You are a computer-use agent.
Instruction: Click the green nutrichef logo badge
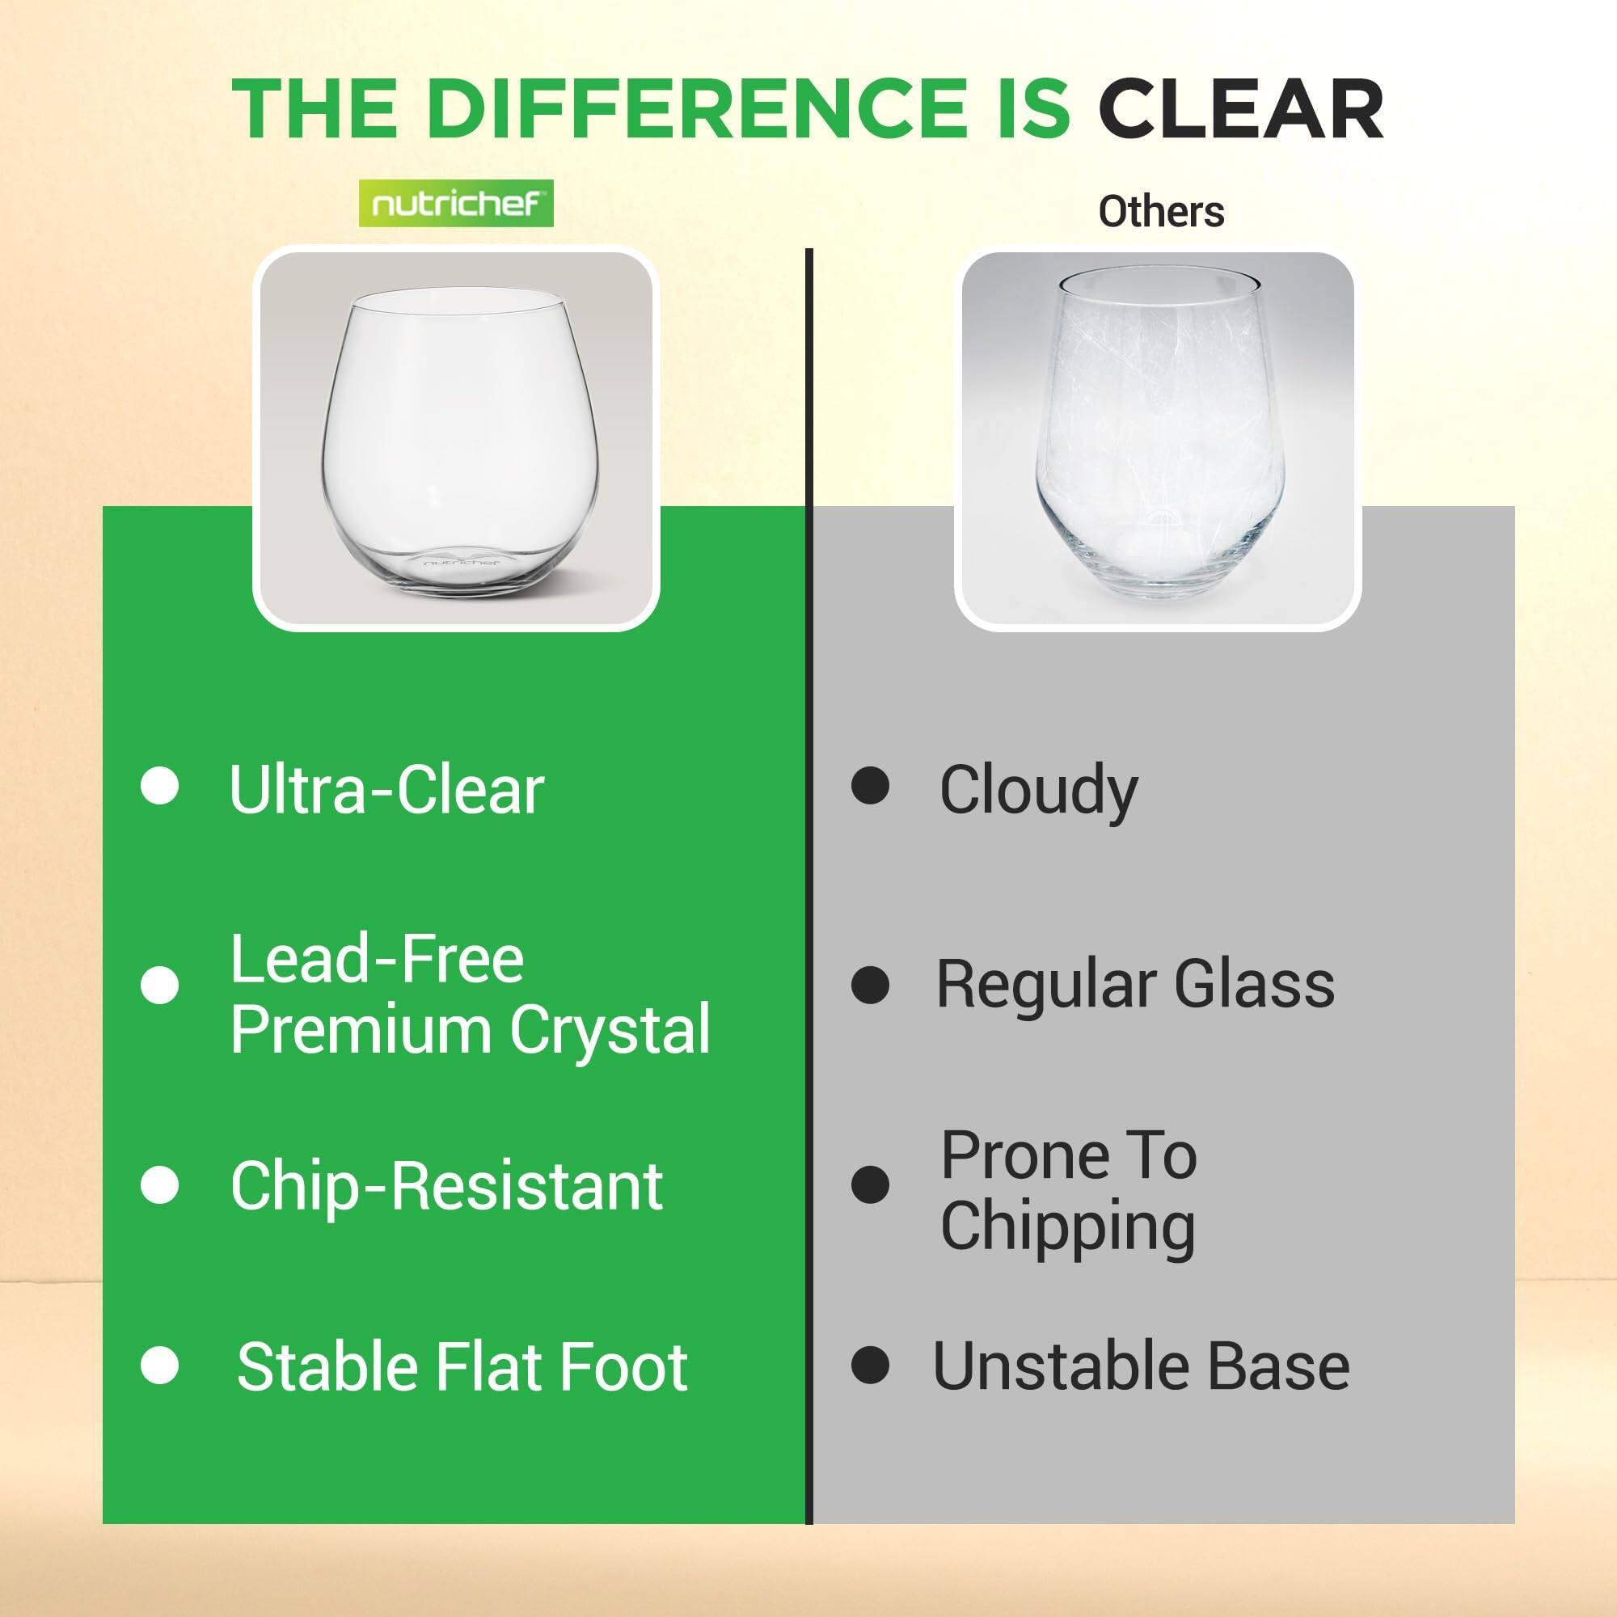[x=456, y=204]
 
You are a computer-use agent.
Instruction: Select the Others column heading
[x=1161, y=212]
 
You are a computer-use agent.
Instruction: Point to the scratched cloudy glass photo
[x=1158, y=439]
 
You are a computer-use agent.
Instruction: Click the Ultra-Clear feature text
[x=386, y=789]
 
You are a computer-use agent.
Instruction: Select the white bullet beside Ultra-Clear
[x=160, y=787]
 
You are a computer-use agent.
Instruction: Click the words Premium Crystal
[x=471, y=1028]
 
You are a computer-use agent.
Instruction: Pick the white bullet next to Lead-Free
[x=160, y=985]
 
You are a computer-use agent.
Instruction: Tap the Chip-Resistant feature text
[x=446, y=1187]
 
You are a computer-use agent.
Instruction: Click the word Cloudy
[x=1039, y=790]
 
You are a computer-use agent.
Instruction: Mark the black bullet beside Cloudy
[x=871, y=787]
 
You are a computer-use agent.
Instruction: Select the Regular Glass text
[x=1135, y=984]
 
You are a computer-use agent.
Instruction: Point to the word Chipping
[x=1068, y=1226]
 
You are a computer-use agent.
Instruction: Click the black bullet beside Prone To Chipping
[x=871, y=1185]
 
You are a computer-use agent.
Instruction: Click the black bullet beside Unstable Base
[x=871, y=1365]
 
